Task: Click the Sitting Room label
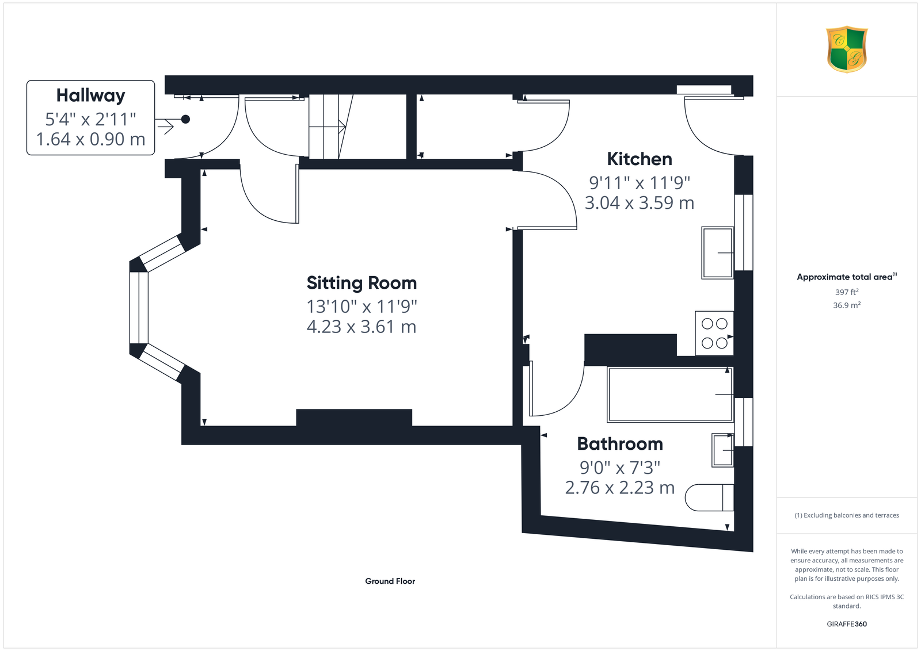(361, 284)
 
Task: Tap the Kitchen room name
(640, 159)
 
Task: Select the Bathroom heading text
(620, 444)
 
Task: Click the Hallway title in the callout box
(90, 95)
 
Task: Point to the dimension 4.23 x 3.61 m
(361, 327)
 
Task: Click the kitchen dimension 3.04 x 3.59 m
(640, 203)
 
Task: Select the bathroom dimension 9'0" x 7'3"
(620, 468)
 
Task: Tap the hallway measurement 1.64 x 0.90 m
(90, 139)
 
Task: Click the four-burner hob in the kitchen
(714, 333)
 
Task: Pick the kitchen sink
(717, 253)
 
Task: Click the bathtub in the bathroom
(670, 395)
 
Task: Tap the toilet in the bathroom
(709, 497)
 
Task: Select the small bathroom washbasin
(722, 450)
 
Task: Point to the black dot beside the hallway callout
(185, 119)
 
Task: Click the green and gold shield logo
(847, 49)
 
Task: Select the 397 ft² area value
(847, 292)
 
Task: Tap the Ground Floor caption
(390, 581)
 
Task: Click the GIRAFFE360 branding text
(847, 624)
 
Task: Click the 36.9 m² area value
(847, 305)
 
